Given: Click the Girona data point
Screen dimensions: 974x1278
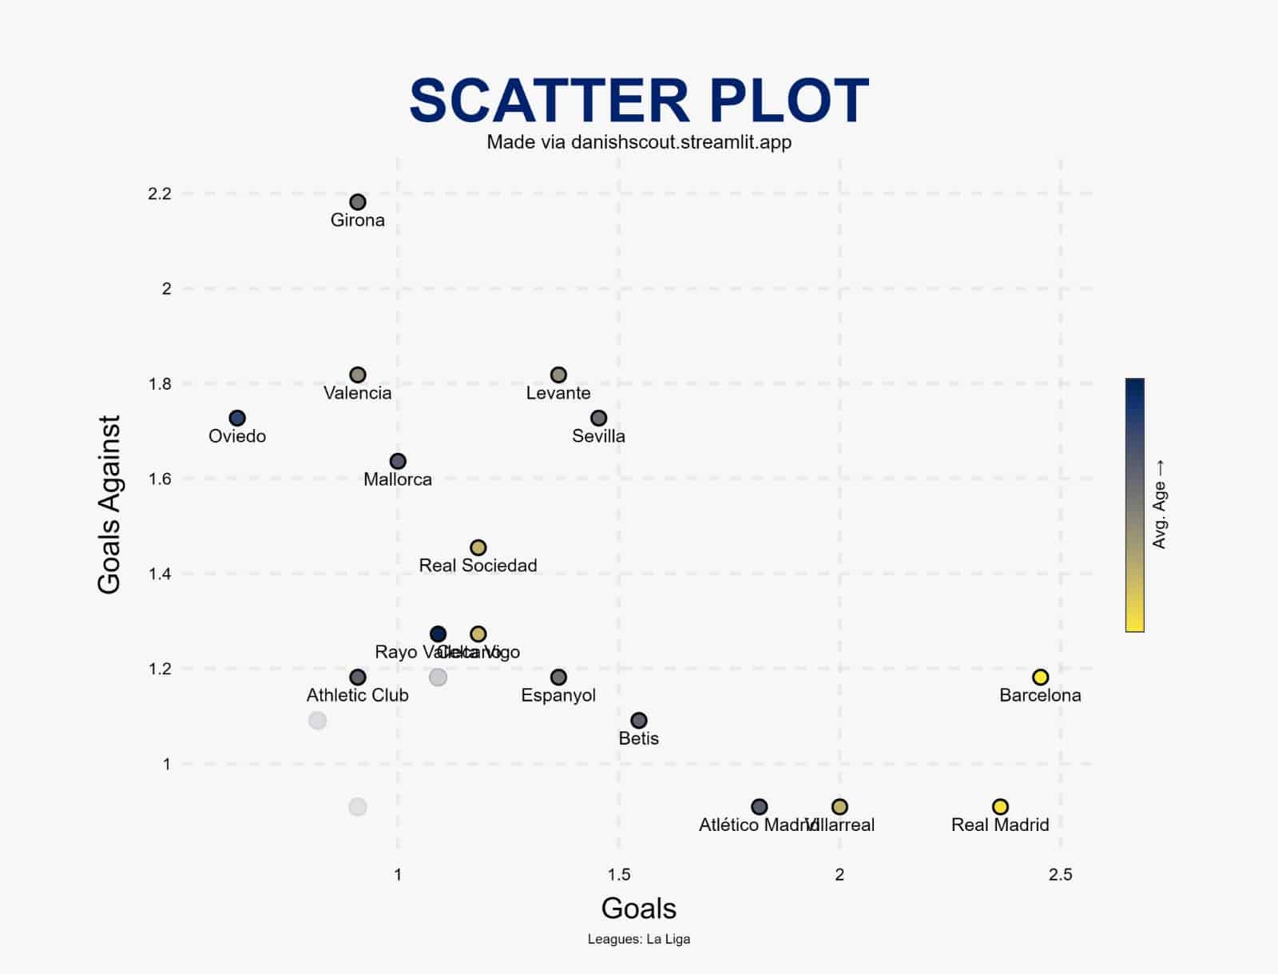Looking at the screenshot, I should [358, 202].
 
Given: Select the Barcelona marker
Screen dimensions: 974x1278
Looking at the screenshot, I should [1040, 678].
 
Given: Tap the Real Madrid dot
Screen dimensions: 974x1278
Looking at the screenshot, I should [1000, 807].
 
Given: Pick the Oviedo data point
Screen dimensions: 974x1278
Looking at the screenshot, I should [237, 418].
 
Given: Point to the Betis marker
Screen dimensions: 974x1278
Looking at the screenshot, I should [639, 721].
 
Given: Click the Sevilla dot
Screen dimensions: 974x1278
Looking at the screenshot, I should [599, 418].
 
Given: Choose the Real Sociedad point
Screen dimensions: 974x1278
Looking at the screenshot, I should [478, 547].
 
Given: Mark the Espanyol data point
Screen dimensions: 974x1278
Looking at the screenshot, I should [558, 678].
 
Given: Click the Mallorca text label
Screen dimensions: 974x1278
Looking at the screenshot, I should [398, 479].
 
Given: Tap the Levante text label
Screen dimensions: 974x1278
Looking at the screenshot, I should [558, 393].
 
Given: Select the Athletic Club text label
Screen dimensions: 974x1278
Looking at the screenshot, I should [357, 695].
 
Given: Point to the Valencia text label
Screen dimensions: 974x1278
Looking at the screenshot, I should [358, 393].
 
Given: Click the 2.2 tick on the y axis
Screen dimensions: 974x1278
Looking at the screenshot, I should [160, 193].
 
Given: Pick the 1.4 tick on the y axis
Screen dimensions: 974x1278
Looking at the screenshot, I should [160, 574].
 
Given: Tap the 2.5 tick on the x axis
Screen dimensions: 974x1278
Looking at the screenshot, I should [1060, 875].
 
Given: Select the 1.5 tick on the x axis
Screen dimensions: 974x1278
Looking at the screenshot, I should [619, 875].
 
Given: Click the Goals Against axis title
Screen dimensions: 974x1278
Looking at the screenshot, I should [109, 504].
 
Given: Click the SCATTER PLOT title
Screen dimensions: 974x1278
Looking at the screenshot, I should [639, 101].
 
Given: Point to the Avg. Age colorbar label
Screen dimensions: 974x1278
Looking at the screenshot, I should [1160, 504].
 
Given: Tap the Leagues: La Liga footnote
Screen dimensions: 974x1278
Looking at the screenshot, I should [639, 940].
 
